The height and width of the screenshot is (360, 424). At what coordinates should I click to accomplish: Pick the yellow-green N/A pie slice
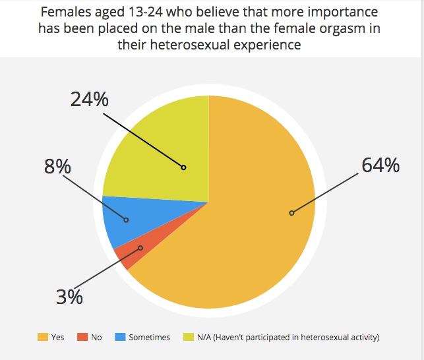[165, 152]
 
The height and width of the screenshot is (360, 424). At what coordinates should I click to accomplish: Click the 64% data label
[380, 165]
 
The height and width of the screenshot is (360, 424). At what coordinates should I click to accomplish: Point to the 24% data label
[90, 100]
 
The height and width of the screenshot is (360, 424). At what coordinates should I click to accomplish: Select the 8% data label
[57, 167]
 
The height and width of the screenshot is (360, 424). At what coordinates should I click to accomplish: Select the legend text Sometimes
[149, 338]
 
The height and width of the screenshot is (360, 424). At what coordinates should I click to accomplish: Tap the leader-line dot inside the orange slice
[291, 213]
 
